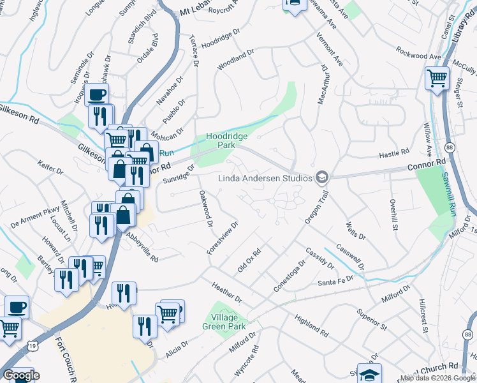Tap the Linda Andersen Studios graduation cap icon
pos(323,177)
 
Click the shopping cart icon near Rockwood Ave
pos(437,79)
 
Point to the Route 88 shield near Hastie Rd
pos(450,147)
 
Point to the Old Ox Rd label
pos(249,260)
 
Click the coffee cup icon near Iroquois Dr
pos(96,95)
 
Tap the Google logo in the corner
pos(21,375)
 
